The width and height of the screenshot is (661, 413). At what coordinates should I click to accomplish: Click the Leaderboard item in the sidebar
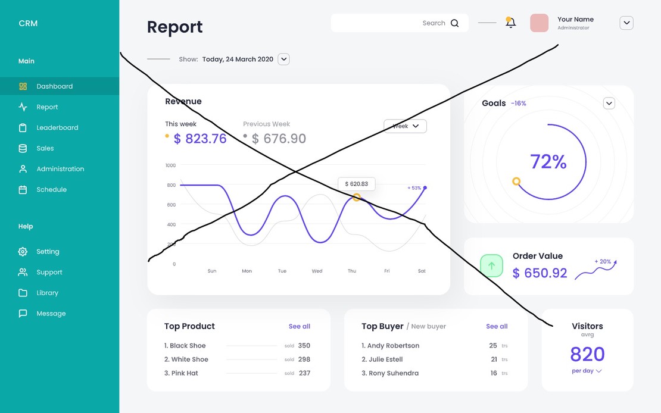tap(57, 128)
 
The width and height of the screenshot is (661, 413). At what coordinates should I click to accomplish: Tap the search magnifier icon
tap(455, 23)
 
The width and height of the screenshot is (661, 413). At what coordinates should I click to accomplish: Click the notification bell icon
tap(510, 23)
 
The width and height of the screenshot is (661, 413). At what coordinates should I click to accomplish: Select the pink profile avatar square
tap(539, 23)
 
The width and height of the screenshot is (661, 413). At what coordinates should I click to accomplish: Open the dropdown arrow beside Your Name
tap(626, 23)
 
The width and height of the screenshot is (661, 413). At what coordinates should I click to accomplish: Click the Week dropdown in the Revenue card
tap(405, 126)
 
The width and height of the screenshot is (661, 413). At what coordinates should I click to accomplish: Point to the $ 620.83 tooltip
tap(356, 184)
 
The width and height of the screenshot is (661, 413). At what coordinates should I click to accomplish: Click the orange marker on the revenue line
tap(357, 197)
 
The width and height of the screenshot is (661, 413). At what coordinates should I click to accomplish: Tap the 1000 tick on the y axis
tap(171, 165)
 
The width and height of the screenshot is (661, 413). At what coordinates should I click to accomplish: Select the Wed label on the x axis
tap(317, 271)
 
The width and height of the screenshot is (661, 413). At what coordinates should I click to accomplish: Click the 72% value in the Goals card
tap(548, 162)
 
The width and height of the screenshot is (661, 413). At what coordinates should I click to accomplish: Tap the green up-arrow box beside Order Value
tap(491, 265)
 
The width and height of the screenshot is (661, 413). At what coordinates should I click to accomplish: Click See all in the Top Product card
tap(300, 327)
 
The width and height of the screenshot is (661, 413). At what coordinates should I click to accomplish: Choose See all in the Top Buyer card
tap(497, 327)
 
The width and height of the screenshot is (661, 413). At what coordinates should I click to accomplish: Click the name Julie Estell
tap(385, 359)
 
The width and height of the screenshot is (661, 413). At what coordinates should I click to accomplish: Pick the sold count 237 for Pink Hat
tap(304, 374)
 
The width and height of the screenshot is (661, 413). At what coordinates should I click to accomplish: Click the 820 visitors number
tap(587, 355)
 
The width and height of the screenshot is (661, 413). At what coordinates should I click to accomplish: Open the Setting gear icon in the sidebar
tap(23, 252)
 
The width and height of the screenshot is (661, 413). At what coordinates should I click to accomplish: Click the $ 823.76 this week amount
tap(200, 139)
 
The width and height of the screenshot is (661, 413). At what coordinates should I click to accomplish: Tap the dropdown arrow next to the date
tap(284, 59)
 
